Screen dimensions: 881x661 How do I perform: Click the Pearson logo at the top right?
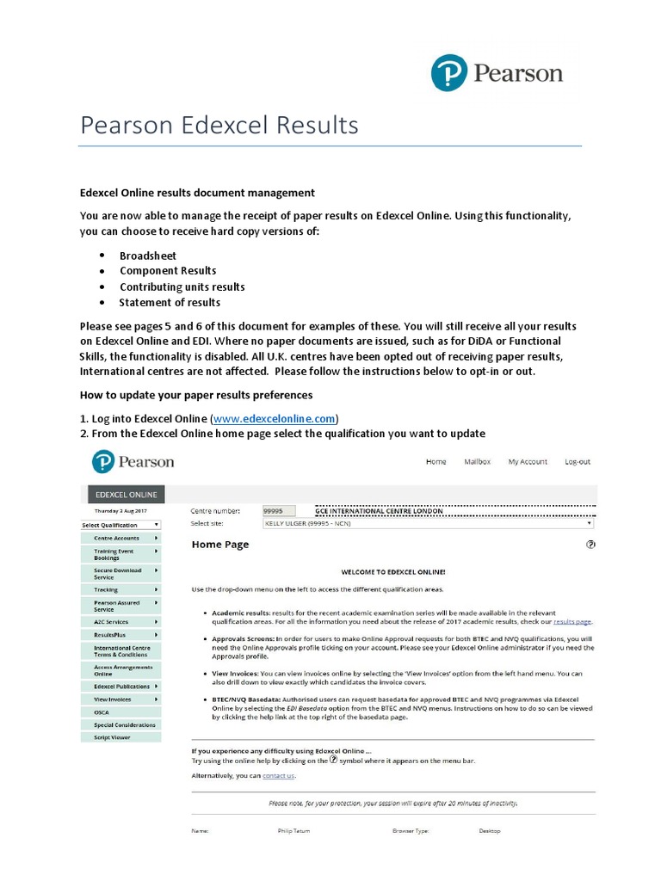pyautogui.click(x=497, y=72)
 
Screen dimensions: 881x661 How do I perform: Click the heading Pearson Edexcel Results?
pyautogui.click(x=219, y=126)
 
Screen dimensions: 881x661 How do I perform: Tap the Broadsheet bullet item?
pyautogui.click(x=148, y=256)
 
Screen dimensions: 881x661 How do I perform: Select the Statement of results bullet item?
pyautogui.click(x=170, y=302)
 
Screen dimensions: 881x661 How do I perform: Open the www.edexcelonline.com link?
pyautogui.click(x=274, y=418)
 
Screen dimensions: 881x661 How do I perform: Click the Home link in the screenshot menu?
pyautogui.click(x=436, y=462)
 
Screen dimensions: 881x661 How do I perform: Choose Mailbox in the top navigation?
pyautogui.click(x=477, y=462)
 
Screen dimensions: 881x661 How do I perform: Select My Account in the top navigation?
pyautogui.click(x=528, y=462)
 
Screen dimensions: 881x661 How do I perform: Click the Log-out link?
pyautogui.click(x=578, y=462)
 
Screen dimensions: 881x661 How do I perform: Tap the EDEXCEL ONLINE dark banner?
pyautogui.click(x=127, y=495)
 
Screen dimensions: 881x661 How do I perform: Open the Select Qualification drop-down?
pyautogui.click(x=121, y=525)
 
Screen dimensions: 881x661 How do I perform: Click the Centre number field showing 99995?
pyautogui.click(x=279, y=511)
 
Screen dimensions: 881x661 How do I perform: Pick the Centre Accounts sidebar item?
pyautogui.click(x=121, y=538)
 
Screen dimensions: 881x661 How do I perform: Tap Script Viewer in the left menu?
pyautogui.click(x=113, y=737)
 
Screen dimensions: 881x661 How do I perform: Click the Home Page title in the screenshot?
pyautogui.click(x=220, y=545)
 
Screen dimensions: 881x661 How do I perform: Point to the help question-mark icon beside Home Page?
pyautogui.click(x=590, y=545)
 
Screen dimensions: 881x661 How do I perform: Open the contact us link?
pyautogui.click(x=278, y=775)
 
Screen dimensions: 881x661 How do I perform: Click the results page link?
pyautogui.click(x=572, y=620)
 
